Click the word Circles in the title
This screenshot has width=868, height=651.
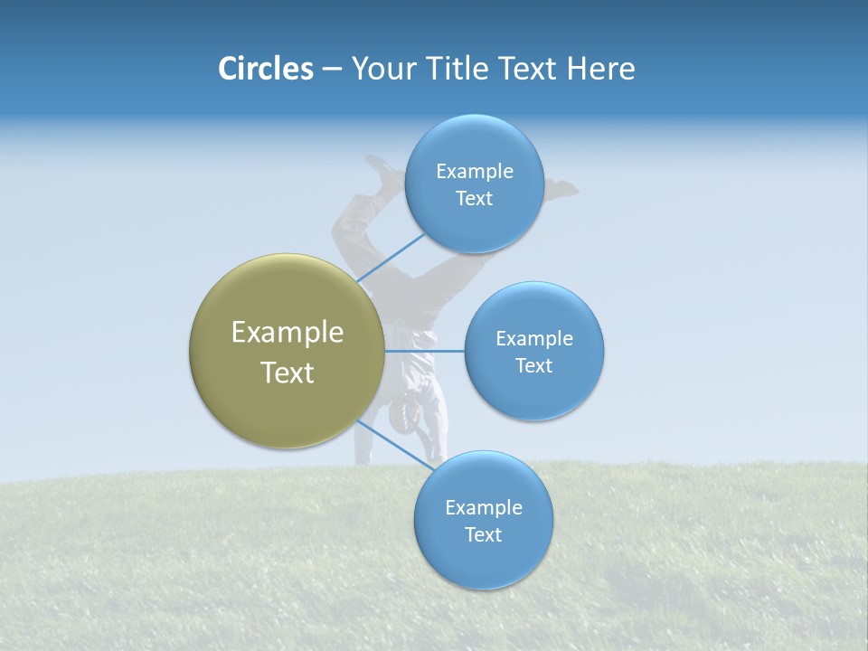265,69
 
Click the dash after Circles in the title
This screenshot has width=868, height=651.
332,70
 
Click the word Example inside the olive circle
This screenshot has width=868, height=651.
288,333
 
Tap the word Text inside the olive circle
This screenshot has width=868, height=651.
288,373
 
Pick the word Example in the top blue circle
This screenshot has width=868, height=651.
475,172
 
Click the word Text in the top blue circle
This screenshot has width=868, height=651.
475,199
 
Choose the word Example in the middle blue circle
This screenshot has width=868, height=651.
534,339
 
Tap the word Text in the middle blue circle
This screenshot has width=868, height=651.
534,366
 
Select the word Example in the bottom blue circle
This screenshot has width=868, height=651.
484,508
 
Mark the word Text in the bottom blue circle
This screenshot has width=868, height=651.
484,535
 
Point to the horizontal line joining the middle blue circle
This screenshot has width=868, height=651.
425,351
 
